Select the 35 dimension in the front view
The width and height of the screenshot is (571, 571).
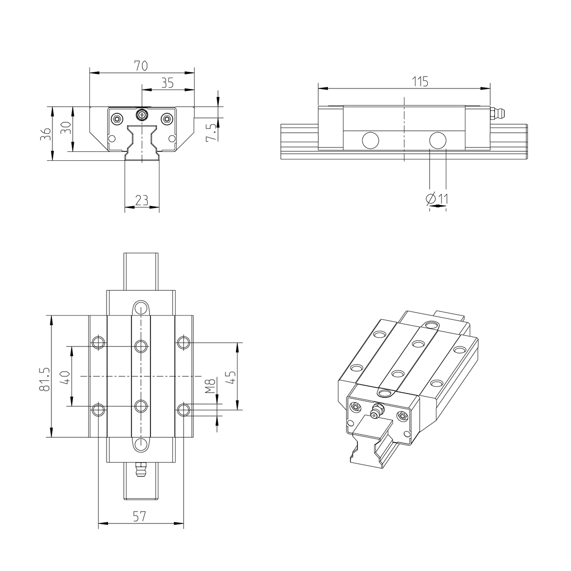pos(167,83)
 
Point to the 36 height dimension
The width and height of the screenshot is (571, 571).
pos(45,134)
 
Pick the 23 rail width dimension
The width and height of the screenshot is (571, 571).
pos(141,200)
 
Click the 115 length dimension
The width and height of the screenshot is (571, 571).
pos(420,81)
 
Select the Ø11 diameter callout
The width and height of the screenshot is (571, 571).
pos(437,198)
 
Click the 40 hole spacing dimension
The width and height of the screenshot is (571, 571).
pos(66,377)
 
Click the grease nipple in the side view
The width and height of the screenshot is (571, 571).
pos(499,113)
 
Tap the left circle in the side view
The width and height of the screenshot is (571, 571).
pos(370,140)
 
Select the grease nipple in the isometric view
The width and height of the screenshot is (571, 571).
pos(377,411)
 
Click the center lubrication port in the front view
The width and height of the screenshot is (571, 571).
pos(141,114)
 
